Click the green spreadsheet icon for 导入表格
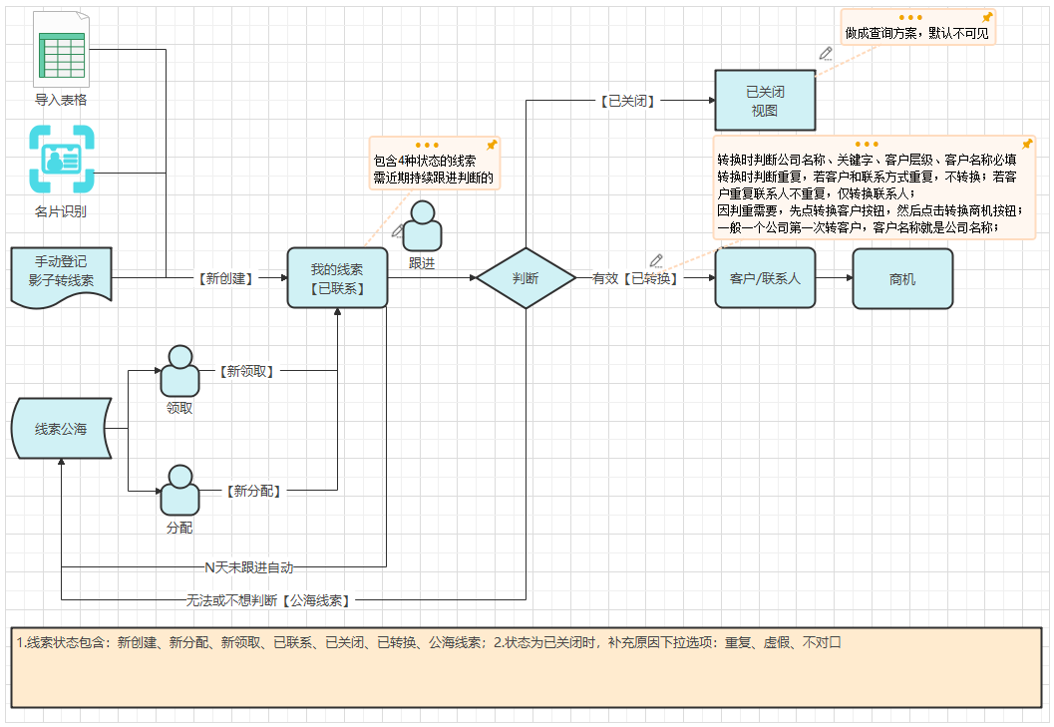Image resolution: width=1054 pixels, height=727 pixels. point(61,49)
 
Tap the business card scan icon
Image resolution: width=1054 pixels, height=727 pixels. point(62,159)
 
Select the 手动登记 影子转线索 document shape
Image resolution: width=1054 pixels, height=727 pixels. point(62,275)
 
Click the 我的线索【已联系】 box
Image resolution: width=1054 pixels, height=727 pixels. point(337,277)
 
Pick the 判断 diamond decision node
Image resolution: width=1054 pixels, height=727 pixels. point(526,278)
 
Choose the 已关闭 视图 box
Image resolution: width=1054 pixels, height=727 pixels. point(765,101)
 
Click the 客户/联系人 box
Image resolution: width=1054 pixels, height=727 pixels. point(765,278)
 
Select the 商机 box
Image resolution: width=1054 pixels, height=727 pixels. point(902,278)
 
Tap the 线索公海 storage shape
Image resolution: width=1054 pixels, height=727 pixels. point(61,430)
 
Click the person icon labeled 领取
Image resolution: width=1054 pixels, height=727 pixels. point(179,371)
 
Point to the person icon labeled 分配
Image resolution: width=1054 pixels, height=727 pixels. point(179,491)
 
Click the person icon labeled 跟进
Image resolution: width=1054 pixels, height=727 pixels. point(422,226)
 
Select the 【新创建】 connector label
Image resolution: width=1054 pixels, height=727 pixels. point(225,278)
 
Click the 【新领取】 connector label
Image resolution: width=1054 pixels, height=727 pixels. point(246,371)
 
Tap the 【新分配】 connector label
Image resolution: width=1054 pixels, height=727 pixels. point(252,491)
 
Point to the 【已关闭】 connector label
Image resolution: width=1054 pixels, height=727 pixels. point(627,101)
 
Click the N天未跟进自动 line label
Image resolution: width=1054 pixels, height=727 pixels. point(249,567)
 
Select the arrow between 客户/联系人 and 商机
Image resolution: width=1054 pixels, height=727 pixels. point(834,278)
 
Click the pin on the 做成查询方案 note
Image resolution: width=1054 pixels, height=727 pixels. point(987,18)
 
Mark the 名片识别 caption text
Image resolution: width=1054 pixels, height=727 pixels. point(61,211)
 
